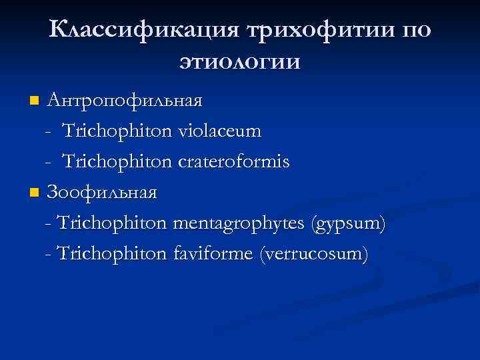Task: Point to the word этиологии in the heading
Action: (239, 62)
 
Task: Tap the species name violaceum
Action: (220, 131)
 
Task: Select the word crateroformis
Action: (234, 162)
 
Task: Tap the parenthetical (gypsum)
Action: (347, 225)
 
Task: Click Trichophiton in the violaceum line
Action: (118, 131)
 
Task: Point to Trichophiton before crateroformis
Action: (118, 162)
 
